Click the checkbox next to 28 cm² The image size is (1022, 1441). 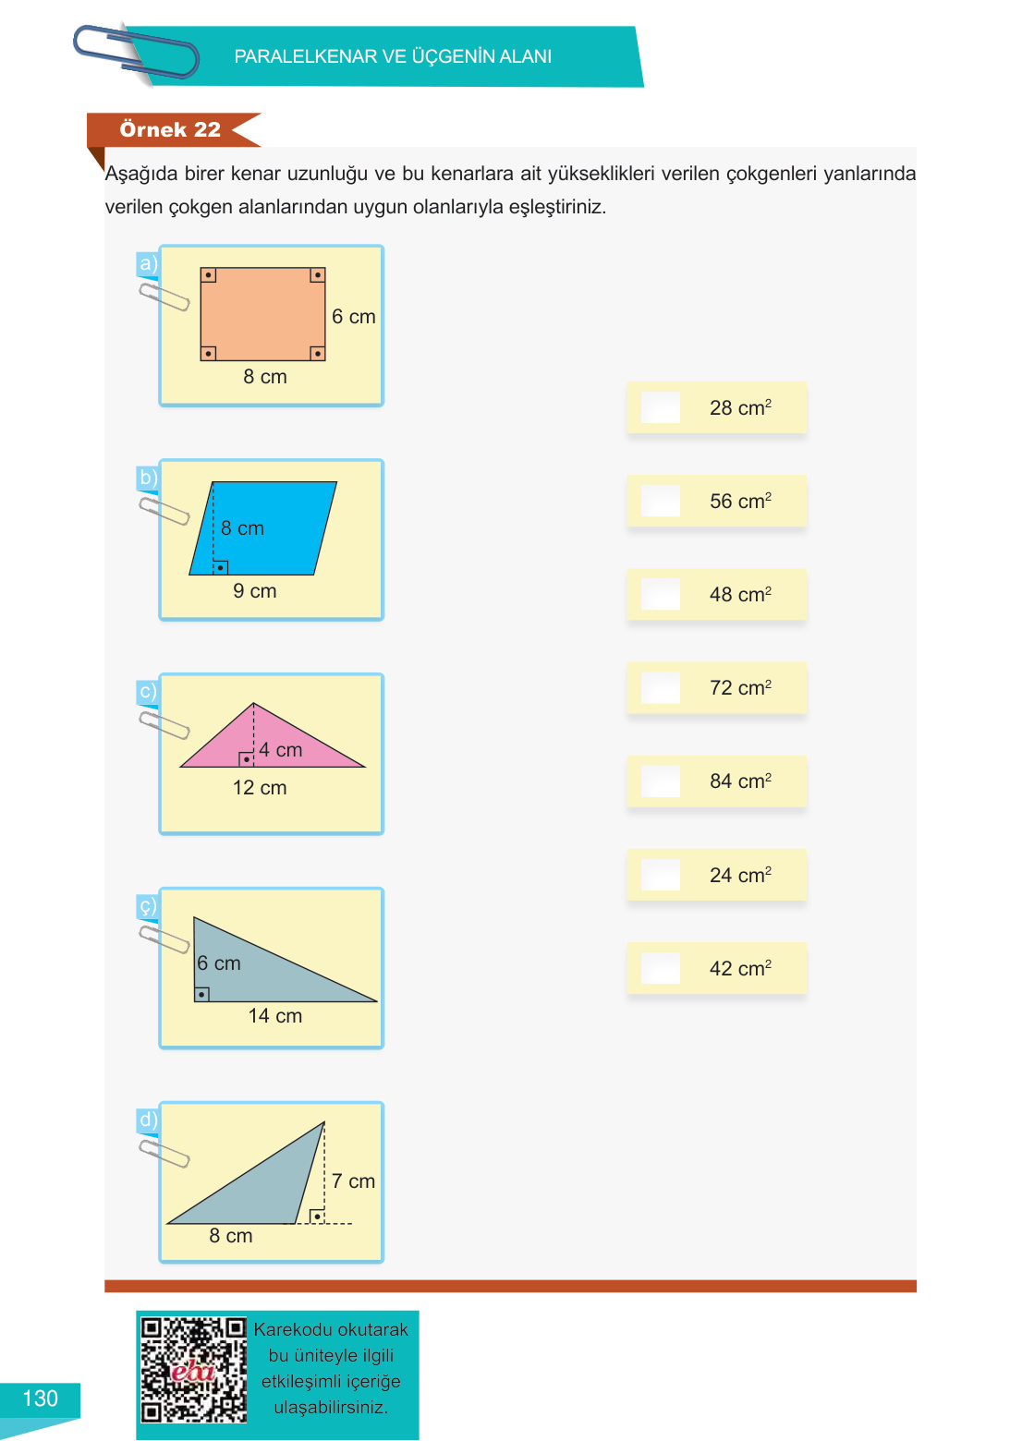pos(661,407)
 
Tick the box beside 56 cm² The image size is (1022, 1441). pos(661,501)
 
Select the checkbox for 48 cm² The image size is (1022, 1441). pos(661,594)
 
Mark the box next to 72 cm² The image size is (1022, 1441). pos(661,687)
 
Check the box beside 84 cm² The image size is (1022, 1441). pos(661,781)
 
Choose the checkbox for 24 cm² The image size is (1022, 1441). pos(661,875)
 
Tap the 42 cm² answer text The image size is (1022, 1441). pos(740,968)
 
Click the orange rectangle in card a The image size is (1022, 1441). pos(262,314)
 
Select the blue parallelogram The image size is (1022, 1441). pos(262,528)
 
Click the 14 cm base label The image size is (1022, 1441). pos(274,1016)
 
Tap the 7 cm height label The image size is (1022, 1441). pos(353,1181)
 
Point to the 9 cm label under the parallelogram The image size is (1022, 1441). pos(255,590)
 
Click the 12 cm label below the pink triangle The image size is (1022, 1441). pos(260,787)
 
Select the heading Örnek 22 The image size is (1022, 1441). pos(170,129)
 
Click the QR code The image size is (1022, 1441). pos(194,1370)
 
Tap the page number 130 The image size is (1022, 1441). pos(40,1398)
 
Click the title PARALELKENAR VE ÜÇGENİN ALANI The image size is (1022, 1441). pos(393,56)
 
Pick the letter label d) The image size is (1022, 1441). pos(148,1120)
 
